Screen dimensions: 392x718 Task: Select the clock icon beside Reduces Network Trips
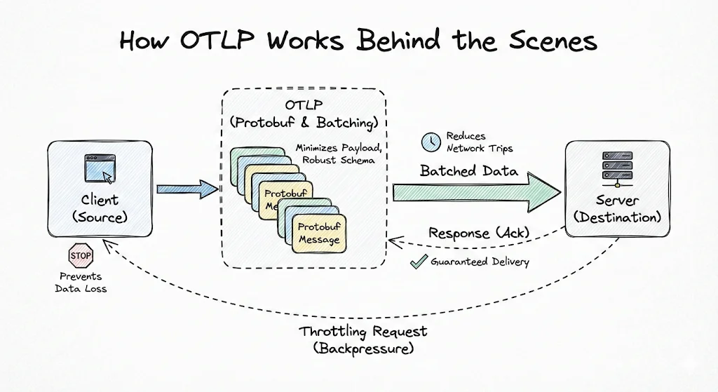(x=430, y=142)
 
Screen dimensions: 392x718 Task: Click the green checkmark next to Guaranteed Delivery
(x=419, y=262)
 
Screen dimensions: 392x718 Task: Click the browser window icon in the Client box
(x=99, y=169)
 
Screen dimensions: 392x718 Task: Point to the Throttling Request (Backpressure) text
(x=363, y=339)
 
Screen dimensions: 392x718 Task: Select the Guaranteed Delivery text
(x=480, y=262)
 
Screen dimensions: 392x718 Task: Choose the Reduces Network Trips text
(x=480, y=142)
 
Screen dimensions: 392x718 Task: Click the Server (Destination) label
(x=617, y=209)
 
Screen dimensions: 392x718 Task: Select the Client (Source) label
(x=100, y=209)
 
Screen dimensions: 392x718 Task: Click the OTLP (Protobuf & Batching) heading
(x=304, y=114)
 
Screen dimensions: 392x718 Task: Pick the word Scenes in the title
(x=552, y=41)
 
